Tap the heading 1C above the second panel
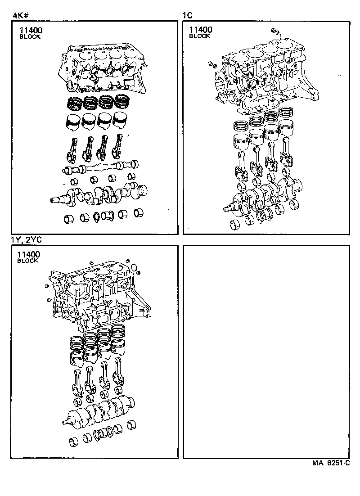tap(188, 15)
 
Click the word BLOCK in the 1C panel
tap(199, 36)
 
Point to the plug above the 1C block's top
tap(275, 31)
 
